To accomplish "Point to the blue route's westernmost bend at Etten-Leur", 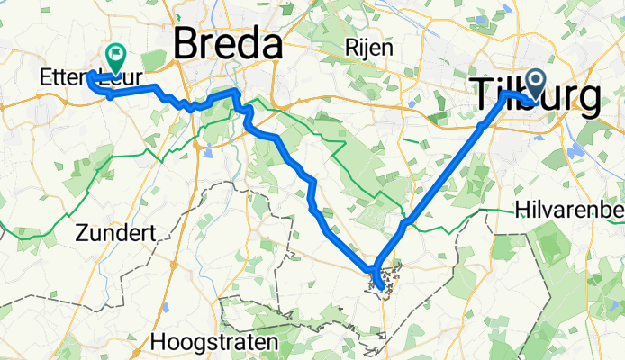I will click(x=89, y=78).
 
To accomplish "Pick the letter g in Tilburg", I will click(x=584, y=99).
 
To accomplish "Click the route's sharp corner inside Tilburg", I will click(x=504, y=94).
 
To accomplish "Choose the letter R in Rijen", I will click(x=351, y=49).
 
